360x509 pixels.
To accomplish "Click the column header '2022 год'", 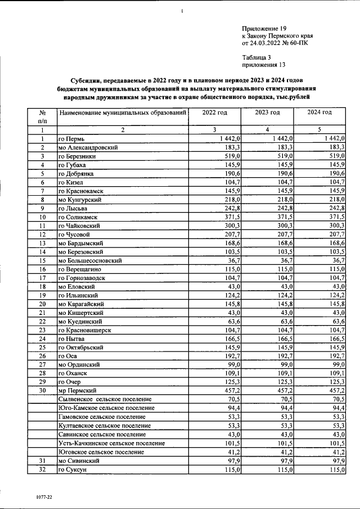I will click(x=214, y=112).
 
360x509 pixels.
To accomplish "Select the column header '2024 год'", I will click(x=319, y=112).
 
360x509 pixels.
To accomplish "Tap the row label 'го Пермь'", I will click(x=71, y=138).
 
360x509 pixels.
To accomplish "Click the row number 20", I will click(x=42, y=304).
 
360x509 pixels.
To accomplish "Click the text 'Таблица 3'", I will click(x=256, y=57).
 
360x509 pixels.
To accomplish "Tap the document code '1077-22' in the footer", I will click(x=42, y=497).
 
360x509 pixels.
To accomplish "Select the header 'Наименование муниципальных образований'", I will click(x=122, y=112).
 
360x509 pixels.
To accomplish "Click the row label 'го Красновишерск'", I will click(x=85, y=330).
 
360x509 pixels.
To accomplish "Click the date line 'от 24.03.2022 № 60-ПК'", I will click(x=274, y=43).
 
